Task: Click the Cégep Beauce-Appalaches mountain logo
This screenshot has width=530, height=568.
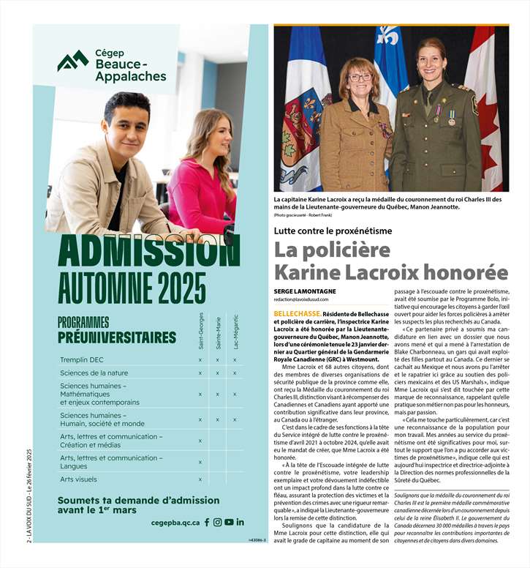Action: coord(73,61)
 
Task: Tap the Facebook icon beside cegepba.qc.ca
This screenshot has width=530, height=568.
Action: coord(207,522)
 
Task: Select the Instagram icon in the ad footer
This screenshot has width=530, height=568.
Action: coord(218,522)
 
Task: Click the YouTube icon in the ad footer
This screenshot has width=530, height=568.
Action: coord(229,522)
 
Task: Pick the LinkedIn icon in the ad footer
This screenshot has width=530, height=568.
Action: coord(241,522)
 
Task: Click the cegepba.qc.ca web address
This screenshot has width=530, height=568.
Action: coord(175,523)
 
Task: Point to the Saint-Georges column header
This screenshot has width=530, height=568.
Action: coord(201,332)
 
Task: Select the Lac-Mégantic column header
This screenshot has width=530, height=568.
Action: coord(235,332)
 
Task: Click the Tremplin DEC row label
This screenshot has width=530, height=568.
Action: coord(82,359)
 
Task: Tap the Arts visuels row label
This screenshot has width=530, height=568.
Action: coord(78,479)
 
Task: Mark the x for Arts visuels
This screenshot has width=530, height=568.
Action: coord(200,479)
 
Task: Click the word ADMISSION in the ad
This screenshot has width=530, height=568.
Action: coord(149,253)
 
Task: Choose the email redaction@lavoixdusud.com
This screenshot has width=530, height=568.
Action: coord(301,299)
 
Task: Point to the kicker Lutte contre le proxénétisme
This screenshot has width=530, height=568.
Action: coord(333,231)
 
